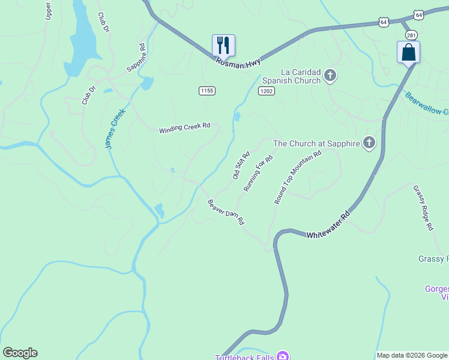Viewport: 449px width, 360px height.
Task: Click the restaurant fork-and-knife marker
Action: click(223, 45)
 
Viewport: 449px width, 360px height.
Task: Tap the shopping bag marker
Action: click(408, 52)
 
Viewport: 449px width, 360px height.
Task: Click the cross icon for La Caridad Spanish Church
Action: click(330, 76)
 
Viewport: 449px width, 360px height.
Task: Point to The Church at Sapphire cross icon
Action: click(369, 143)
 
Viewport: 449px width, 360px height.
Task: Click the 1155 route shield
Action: click(207, 91)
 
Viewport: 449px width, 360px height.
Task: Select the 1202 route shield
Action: click(267, 91)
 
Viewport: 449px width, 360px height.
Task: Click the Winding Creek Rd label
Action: click(185, 128)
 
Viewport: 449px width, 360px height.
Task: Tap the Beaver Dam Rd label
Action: click(226, 212)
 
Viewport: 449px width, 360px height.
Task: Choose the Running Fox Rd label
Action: click(259, 173)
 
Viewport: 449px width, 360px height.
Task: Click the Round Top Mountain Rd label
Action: click(298, 177)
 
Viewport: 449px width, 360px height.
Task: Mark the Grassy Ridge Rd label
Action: click(423, 208)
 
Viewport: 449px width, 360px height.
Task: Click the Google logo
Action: click(20, 353)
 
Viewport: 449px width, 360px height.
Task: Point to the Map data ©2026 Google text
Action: click(412, 355)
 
